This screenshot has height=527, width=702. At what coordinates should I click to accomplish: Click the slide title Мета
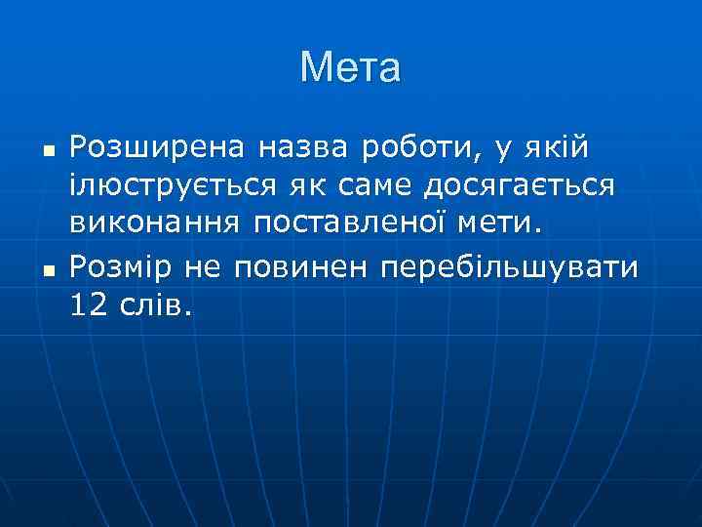click(350, 68)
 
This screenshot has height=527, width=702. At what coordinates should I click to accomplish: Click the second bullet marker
click(47, 269)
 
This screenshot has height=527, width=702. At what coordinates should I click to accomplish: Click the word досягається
click(519, 187)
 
